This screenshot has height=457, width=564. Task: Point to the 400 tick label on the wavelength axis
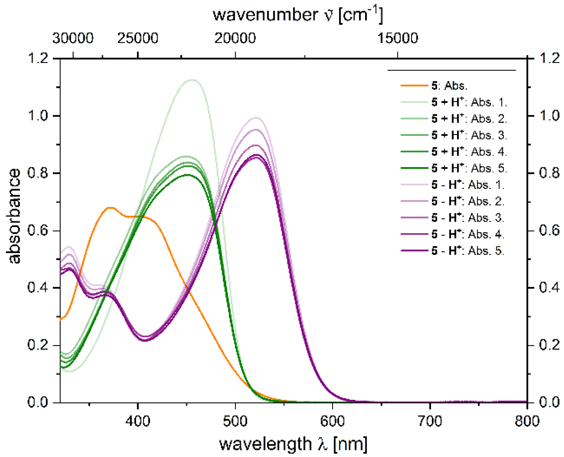coord(137,421)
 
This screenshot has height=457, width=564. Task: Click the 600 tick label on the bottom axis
coord(332,421)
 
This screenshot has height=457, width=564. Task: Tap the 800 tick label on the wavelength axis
coord(527,421)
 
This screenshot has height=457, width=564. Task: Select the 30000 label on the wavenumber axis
coord(73,38)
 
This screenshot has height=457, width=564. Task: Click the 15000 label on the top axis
coord(397,38)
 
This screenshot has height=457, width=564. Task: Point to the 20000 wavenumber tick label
coord(235,38)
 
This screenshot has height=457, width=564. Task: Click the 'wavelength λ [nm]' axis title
coord(293,444)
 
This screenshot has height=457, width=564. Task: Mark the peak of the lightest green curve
coord(192,80)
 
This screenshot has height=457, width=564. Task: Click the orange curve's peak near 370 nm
coord(110,208)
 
